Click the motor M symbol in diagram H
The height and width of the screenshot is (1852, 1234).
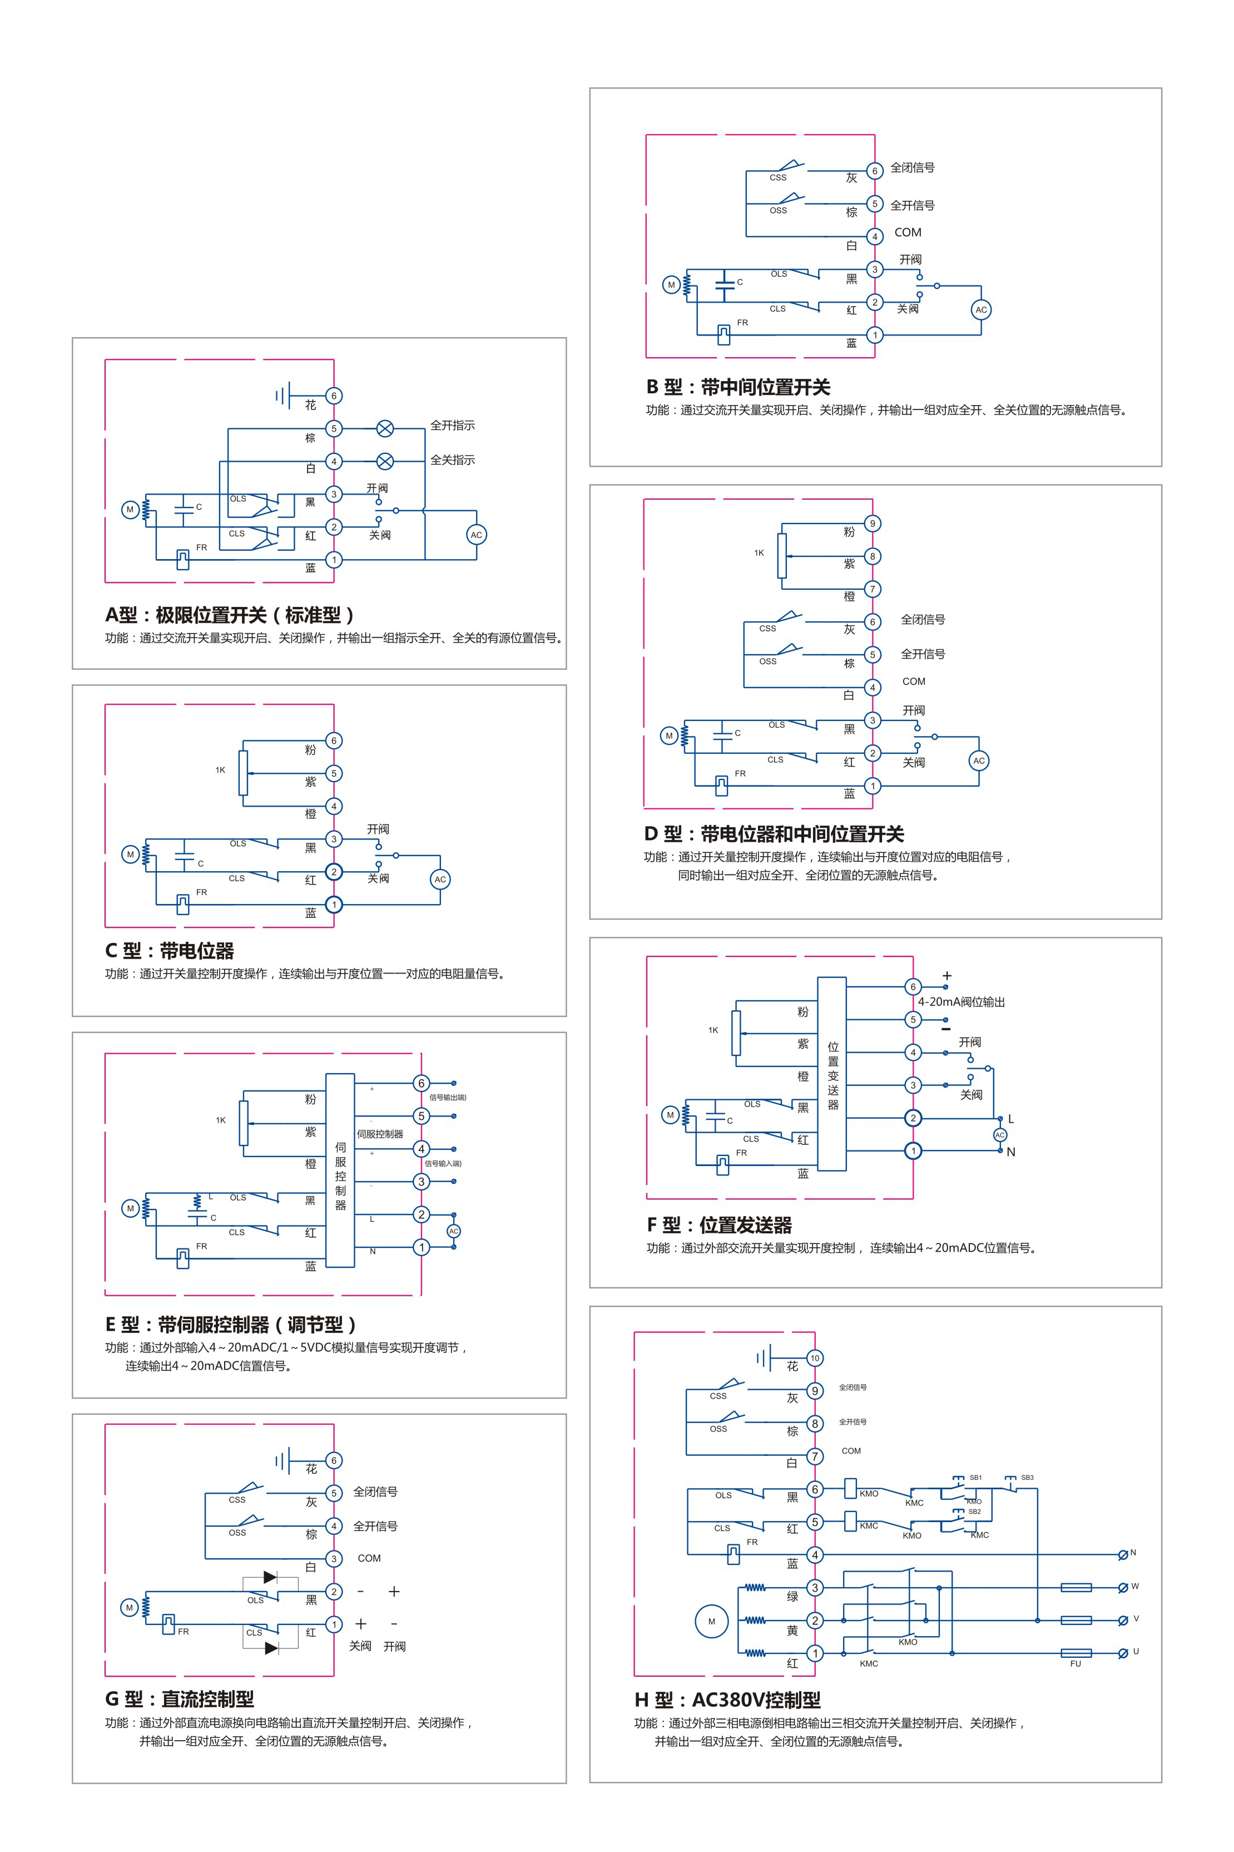click(711, 1621)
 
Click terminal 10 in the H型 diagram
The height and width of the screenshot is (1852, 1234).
click(815, 1358)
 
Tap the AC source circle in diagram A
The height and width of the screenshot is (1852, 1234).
click(476, 535)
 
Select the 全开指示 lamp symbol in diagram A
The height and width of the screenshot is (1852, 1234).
click(385, 428)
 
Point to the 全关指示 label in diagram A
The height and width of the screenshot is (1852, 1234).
click(453, 460)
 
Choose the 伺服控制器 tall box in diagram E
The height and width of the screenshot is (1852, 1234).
click(340, 1171)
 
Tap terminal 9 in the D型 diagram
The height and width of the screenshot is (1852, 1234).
click(872, 524)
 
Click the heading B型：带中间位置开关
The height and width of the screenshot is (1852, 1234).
click(738, 387)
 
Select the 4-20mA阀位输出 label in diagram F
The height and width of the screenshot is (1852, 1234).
click(961, 1002)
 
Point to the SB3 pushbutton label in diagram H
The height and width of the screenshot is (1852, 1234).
click(1027, 1478)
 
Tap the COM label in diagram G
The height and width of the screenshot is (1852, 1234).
click(369, 1558)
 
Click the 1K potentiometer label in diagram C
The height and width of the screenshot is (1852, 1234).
click(220, 770)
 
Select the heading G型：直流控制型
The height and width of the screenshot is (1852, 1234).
click(180, 1698)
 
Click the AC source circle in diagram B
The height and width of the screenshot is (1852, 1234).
click(980, 309)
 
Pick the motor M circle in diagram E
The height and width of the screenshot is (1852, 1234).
click(131, 1208)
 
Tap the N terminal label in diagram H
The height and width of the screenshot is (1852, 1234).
click(1133, 1552)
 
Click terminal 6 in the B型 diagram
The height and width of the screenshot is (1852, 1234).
click(874, 171)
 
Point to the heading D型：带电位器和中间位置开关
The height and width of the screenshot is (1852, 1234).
click(774, 833)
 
